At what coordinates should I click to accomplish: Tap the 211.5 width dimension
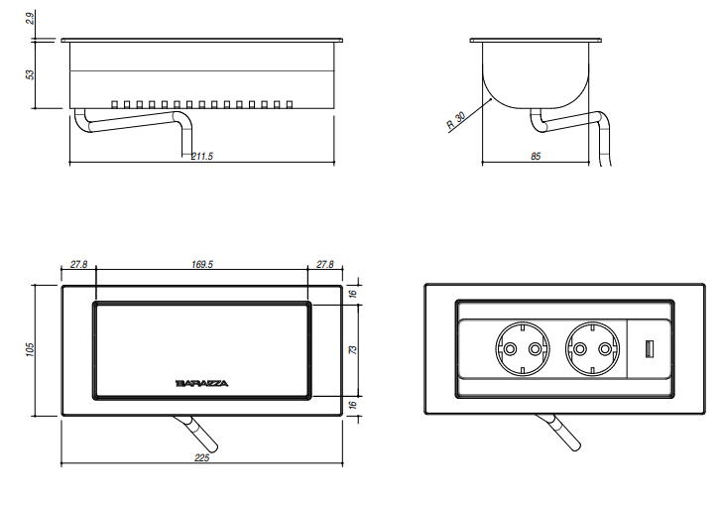pos(201,156)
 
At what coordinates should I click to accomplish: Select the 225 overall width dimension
pos(201,457)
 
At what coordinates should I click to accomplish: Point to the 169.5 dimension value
pos(201,265)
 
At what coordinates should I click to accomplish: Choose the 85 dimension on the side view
pos(536,156)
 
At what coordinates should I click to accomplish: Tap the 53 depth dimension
pos(30,74)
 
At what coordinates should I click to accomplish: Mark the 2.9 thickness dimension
pos(30,18)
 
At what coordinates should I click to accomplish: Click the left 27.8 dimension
pos(79,265)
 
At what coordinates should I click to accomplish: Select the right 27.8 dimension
pos(324,265)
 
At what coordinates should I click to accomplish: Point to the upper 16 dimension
pos(352,294)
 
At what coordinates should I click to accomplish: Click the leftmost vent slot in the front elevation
pos(115,102)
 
